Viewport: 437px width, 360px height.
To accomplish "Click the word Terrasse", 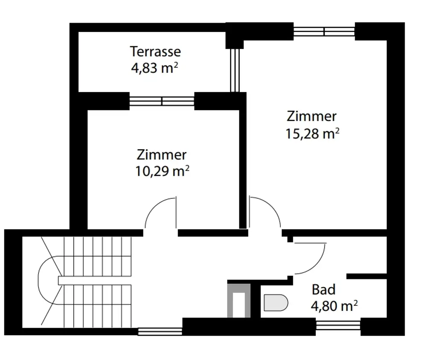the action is [155, 52].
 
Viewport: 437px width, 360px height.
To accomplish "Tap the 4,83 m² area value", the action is [154, 68].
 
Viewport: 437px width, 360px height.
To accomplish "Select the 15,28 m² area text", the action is [312, 134].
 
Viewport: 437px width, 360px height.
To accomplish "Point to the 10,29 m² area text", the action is [162, 171].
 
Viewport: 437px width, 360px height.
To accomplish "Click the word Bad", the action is [323, 290].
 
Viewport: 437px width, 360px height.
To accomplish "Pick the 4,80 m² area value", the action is [334, 306].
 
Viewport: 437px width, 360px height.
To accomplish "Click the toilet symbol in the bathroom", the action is [276, 302].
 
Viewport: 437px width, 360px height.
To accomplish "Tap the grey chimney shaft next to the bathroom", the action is [239, 301].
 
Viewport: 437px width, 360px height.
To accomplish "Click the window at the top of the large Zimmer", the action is [324, 32].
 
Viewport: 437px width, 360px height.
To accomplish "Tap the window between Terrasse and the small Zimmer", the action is [162, 101].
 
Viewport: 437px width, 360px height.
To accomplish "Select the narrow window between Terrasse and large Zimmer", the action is [235, 70].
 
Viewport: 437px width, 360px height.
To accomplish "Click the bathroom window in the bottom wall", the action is [338, 325].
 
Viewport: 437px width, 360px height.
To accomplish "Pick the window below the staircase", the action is [160, 331].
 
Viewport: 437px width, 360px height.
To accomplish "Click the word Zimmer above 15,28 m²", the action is [312, 116].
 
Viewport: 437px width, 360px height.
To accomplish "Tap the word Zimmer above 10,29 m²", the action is [162, 155].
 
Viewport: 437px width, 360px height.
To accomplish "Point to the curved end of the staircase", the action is [39, 280].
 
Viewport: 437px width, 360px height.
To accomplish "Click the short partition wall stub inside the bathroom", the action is [367, 276].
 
